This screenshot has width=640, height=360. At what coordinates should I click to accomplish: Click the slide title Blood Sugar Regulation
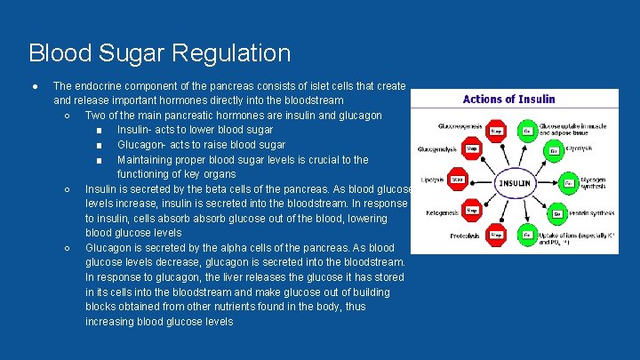coord(159,53)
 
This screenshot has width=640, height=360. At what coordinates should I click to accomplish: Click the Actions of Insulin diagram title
coord(508,99)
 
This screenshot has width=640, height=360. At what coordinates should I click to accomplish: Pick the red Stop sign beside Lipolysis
coord(457,180)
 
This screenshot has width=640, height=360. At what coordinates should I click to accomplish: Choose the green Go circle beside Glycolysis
coord(553,149)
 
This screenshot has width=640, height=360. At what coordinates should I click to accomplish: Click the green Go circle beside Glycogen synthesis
coord(569,183)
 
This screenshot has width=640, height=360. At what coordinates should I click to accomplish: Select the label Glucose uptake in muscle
coord(573,126)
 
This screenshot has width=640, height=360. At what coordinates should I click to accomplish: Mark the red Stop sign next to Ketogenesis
coord(472,212)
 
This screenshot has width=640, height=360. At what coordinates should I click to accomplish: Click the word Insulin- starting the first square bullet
coord(137,130)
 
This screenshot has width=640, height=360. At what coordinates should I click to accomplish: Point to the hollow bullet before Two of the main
coord(68,116)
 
